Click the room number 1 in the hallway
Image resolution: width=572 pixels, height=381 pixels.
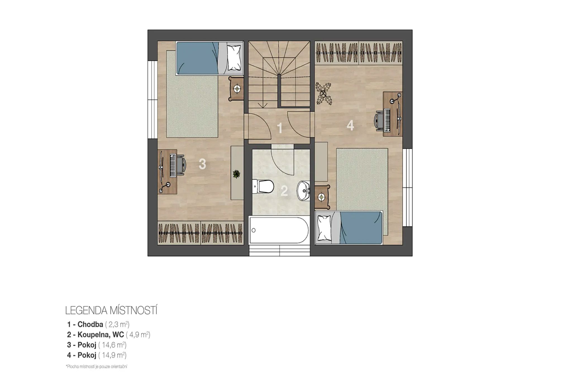(x=279, y=128)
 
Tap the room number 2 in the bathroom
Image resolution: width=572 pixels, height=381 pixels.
(x=284, y=191)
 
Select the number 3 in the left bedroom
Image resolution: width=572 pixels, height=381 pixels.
(x=202, y=164)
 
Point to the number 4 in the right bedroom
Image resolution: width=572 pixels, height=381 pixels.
(x=350, y=126)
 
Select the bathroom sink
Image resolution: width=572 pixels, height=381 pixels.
(x=304, y=191)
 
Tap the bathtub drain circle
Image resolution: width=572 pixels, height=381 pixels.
(x=254, y=230)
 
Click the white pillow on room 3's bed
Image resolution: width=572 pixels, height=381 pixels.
(x=234, y=58)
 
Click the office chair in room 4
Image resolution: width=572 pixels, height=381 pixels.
(x=379, y=120)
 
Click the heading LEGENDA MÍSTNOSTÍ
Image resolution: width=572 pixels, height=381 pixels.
(x=111, y=310)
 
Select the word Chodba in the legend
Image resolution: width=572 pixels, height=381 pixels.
(x=90, y=324)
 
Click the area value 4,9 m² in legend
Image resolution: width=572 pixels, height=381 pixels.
(x=138, y=335)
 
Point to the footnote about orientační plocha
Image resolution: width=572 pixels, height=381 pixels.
(x=96, y=366)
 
